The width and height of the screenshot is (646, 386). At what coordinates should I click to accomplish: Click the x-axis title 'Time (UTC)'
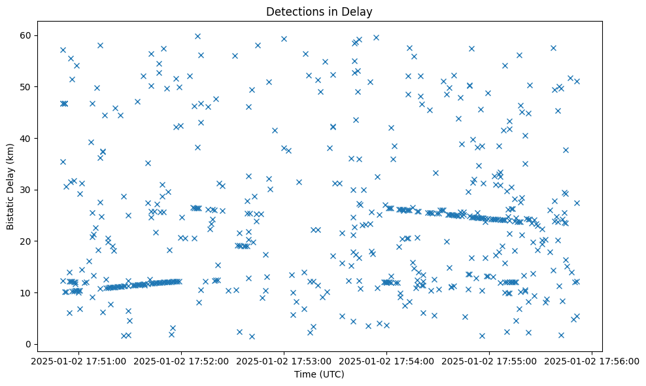[x=319, y=374]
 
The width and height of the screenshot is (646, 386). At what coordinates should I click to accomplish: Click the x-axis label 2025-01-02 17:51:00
[x=79, y=360]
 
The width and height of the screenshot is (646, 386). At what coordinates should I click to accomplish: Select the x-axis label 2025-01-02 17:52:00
[x=182, y=360]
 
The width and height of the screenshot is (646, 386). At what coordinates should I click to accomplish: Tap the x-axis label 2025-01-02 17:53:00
[x=284, y=360]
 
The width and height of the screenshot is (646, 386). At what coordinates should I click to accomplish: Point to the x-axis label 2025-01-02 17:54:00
[x=387, y=360]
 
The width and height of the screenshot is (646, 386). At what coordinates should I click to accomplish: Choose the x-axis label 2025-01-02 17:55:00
[x=490, y=360]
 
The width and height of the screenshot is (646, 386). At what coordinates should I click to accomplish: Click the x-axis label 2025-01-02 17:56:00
[x=592, y=360]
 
